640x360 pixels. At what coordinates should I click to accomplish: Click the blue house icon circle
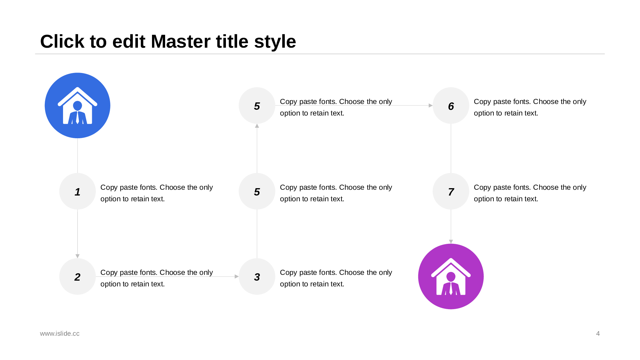(x=77, y=106)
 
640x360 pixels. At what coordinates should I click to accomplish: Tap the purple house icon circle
(x=451, y=276)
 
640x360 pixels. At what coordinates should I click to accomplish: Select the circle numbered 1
(x=77, y=191)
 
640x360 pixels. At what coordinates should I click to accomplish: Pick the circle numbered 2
(x=77, y=276)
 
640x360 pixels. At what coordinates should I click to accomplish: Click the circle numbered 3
(x=257, y=276)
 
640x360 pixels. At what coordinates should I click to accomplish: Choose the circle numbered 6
(x=451, y=106)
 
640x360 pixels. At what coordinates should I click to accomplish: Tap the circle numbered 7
(x=451, y=191)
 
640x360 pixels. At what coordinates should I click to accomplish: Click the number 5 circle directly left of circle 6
(x=257, y=106)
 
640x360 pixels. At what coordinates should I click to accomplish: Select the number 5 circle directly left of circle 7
(x=257, y=191)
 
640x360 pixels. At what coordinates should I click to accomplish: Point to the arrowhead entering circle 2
(x=77, y=256)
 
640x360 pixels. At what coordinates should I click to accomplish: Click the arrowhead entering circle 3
(x=237, y=276)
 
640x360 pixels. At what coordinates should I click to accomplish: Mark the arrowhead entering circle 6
(x=431, y=106)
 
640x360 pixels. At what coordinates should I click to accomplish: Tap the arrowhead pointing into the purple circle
(x=451, y=242)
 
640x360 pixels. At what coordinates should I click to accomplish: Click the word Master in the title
(x=199, y=42)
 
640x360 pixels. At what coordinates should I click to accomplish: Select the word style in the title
(x=275, y=42)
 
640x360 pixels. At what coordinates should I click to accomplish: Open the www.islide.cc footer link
(x=60, y=333)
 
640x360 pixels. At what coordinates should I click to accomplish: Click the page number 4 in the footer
(x=598, y=333)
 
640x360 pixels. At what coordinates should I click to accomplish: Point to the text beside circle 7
(x=530, y=193)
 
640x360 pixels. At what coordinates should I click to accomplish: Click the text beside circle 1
(x=156, y=193)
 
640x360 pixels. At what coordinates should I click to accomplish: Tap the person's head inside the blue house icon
(x=77, y=106)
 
